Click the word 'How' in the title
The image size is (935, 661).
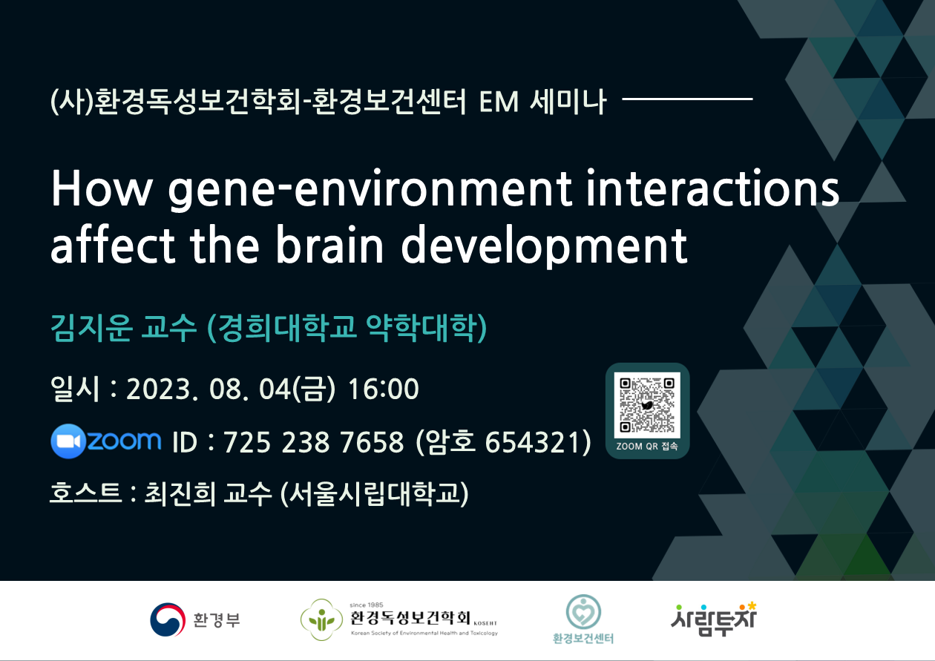coord(102,189)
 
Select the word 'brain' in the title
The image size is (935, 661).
coord(329,245)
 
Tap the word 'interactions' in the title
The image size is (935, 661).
coord(712,188)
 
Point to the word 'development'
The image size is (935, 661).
coord(544,247)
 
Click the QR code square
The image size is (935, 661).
coord(647,405)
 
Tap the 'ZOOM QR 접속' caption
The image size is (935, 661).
coord(647,446)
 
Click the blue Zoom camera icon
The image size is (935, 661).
coord(68,441)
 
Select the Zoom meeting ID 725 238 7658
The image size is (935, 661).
coord(314,442)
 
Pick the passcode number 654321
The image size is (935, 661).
coord(533,442)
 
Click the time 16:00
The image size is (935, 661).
coord(383,389)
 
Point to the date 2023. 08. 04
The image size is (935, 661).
coord(209,389)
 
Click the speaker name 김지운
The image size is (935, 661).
coord(92,328)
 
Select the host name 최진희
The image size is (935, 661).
coord(180,493)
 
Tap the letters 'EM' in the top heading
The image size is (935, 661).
coord(499,102)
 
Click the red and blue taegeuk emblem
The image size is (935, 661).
coord(168,619)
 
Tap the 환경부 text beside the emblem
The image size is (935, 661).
coord(217,619)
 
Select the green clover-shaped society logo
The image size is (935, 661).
coord(321,619)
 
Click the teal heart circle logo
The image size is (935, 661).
coord(583,612)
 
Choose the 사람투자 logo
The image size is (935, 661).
coord(714,619)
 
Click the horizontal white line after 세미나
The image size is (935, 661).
coord(687,99)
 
